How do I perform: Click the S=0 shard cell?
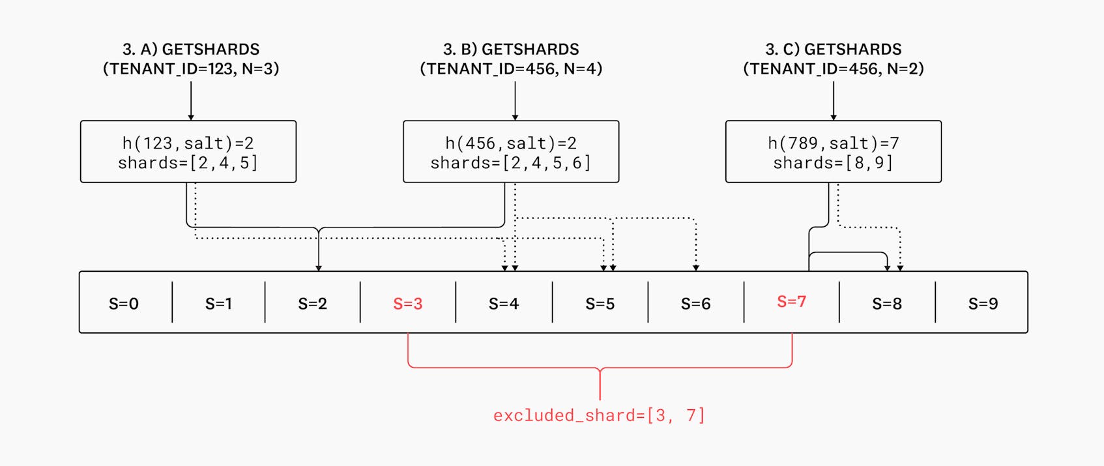[124, 303]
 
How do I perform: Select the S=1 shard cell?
[218, 303]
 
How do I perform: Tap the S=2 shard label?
[312, 303]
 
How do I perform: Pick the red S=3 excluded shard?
[408, 303]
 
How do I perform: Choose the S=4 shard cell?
[504, 303]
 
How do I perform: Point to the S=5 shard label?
[600, 303]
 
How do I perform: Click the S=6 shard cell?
[695, 303]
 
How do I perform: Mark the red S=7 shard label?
[791, 302]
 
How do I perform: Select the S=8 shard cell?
[887, 303]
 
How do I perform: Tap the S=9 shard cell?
[982, 303]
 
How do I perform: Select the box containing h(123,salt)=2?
[188, 152]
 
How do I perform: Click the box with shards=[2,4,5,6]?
[511, 152]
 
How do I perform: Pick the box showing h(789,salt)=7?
[833, 152]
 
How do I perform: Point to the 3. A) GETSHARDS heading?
[191, 50]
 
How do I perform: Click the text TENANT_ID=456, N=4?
[511, 69]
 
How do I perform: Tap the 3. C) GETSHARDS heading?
[833, 50]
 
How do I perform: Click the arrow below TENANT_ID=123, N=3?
[191, 101]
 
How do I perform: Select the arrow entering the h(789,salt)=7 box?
[834, 101]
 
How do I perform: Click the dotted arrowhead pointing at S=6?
[696, 267]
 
